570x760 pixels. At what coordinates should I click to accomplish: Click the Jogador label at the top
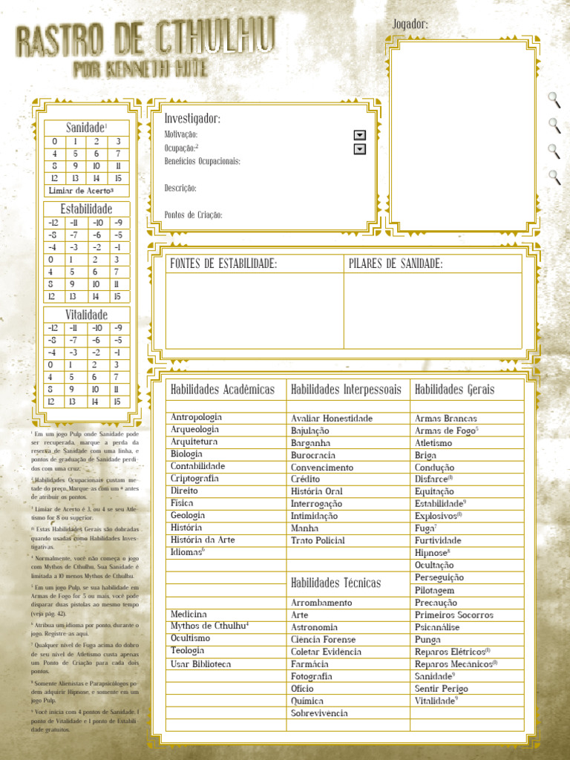coord(410,24)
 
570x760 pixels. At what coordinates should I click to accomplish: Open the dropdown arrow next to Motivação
coord(360,135)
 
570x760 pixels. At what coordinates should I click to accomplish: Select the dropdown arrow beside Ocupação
coord(360,149)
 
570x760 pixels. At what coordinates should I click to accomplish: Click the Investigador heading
coord(192,119)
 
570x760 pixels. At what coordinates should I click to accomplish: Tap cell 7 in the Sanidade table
coord(117,154)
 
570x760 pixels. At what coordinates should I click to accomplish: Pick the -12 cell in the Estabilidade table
coord(53,223)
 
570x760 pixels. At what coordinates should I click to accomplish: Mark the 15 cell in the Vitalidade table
coord(117,402)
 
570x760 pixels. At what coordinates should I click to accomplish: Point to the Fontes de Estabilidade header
coord(223,263)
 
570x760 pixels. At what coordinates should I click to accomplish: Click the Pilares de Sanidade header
coord(396,263)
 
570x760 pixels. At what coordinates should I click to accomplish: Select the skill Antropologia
coord(196,417)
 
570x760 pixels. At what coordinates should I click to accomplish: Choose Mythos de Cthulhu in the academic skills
coord(209,626)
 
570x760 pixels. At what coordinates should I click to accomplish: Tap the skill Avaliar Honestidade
coord(332,419)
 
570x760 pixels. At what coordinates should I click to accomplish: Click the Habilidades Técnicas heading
coord(335,583)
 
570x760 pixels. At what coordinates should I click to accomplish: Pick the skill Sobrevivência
coord(319,713)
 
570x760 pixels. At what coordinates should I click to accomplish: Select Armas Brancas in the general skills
coord(445,419)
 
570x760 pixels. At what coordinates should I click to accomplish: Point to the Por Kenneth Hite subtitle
coord(141,70)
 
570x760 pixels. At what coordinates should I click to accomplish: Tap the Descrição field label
coord(180,189)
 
